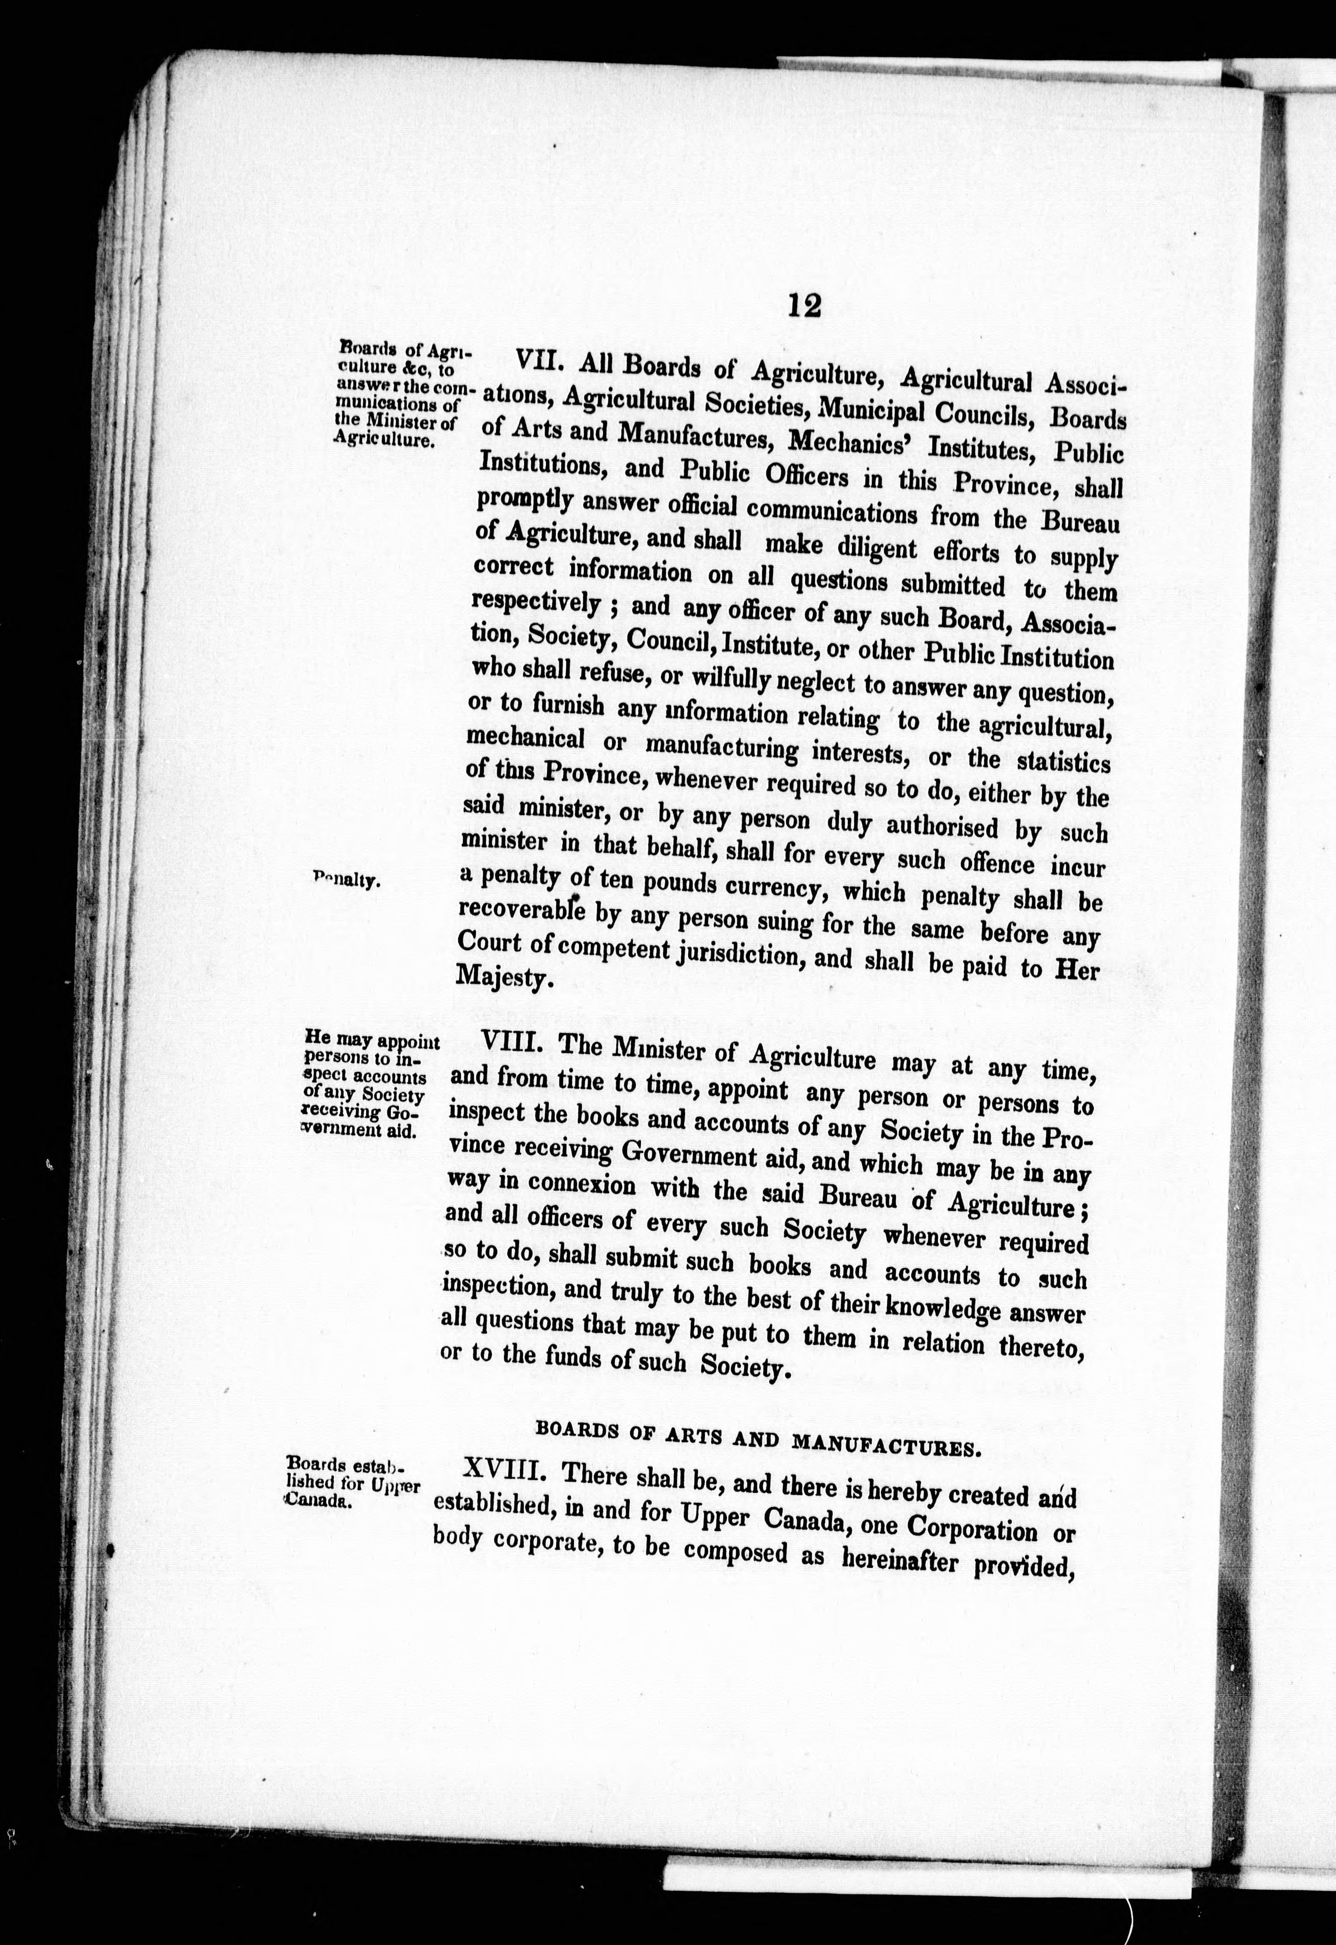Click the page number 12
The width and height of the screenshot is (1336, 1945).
(x=804, y=305)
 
